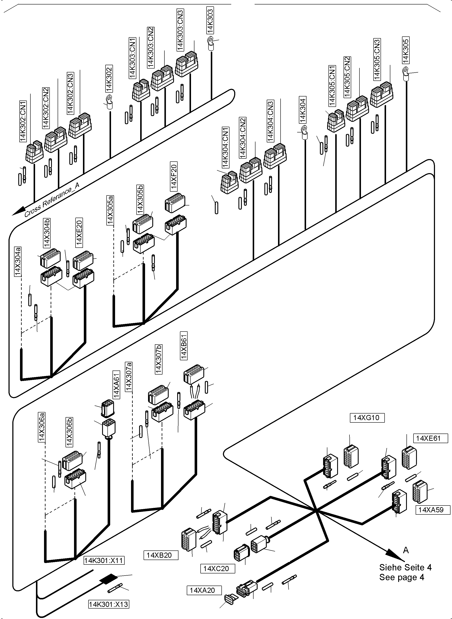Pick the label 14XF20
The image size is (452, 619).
tap(174, 176)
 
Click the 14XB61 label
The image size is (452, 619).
tap(184, 345)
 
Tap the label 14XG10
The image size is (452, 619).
tap(367, 418)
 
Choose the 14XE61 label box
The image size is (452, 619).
tap(430, 438)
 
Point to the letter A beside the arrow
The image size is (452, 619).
tap(406, 550)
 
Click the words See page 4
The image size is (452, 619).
tap(401, 577)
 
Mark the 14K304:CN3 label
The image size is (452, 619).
tap(270, 121)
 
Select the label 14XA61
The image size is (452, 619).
tap(116, 385)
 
